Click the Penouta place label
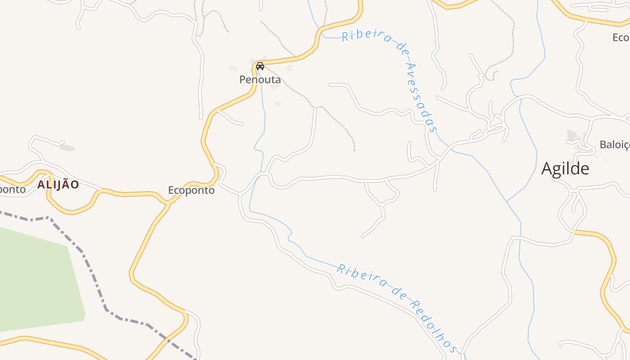tap(260, 80)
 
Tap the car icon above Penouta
tap(260, 66)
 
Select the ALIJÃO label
tap(58, 184)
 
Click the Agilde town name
tap(565, 169)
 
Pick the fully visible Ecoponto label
tap(191, 190)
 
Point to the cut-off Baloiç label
tap(614, 144)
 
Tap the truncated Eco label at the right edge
tap(621, 37)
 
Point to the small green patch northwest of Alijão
tap(67, 147)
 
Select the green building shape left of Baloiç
tap(571, 135)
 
